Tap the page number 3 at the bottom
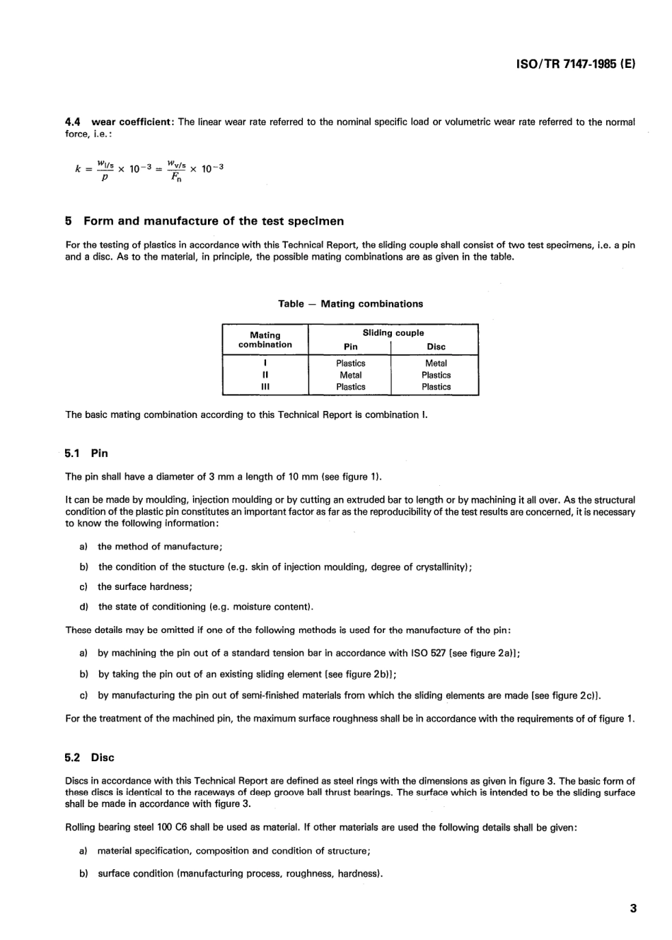(633, 908)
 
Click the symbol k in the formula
(78, 169)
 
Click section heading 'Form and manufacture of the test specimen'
(214, 221)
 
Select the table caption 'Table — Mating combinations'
(350, 303)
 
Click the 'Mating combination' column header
(265, 340)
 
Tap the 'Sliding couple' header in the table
(393, 332)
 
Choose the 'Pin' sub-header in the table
(350, 347)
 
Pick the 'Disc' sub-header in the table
(436, 347)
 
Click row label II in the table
(265, 375)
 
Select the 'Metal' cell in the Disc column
(436, 363)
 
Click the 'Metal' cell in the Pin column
(350, 375)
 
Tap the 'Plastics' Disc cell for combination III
(436, 387)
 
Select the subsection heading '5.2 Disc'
(89, 758)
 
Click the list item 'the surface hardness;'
(145, 586)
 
